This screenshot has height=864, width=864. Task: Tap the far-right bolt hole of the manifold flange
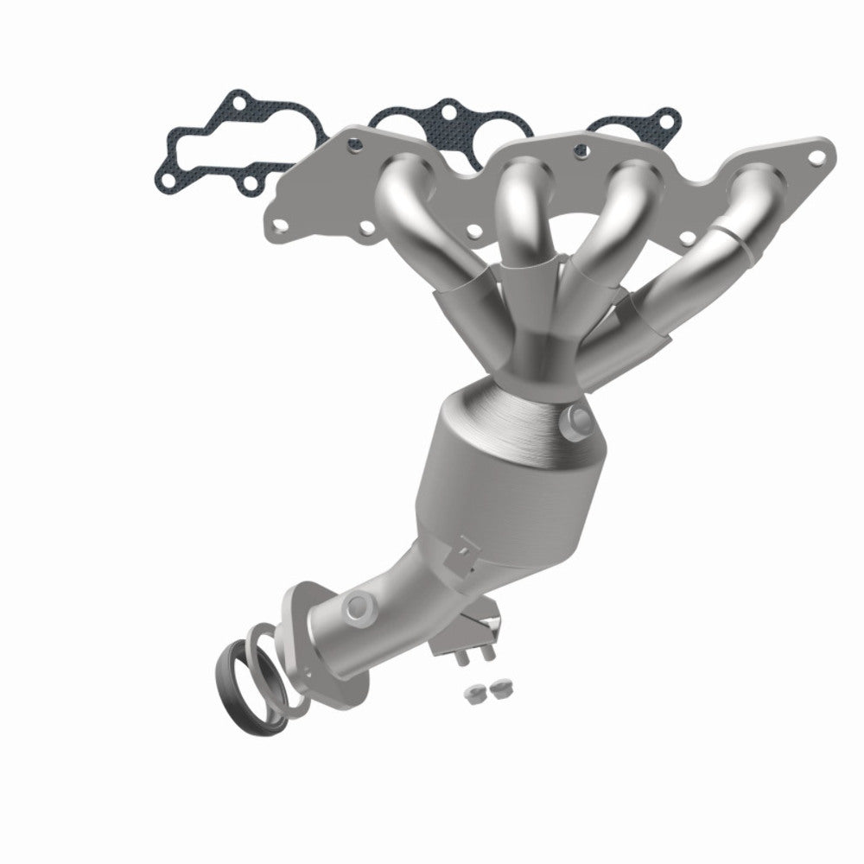click(x=816, y=156)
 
